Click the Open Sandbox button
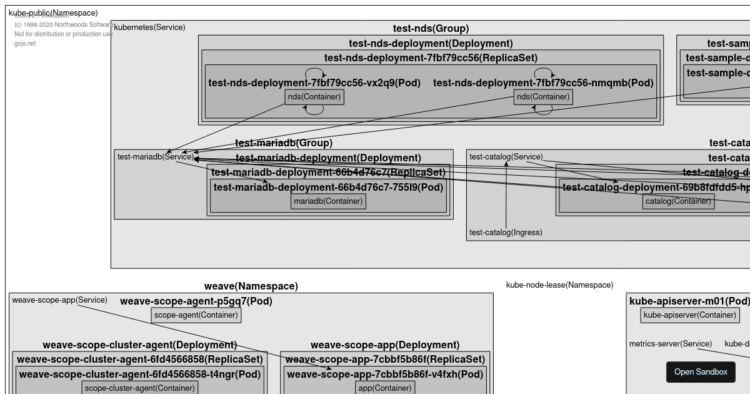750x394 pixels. coord(701,372)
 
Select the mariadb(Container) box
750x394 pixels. coord(328,201)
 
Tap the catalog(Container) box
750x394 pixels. coord(678,201)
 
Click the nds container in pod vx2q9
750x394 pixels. coord(314,97)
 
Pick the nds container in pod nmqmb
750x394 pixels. coord(543,97)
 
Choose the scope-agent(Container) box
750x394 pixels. coord(196,315)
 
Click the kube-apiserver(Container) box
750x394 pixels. coord(690,315)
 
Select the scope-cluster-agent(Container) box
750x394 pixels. coord(140,388)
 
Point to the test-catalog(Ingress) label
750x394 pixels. coord(506,233)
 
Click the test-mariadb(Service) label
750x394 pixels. coord(156,157)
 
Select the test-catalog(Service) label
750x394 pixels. coord(506,157)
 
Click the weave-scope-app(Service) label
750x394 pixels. coord(59,300)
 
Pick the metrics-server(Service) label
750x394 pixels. coord(670,344)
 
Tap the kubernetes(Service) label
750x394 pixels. coord(149,28)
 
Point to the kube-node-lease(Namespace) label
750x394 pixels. coord(559,285)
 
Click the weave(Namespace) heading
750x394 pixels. coord(251,286)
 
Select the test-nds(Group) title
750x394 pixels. coord(431,29)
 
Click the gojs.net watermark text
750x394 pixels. coord(25,44)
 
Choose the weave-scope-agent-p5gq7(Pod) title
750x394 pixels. coord(196,301)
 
